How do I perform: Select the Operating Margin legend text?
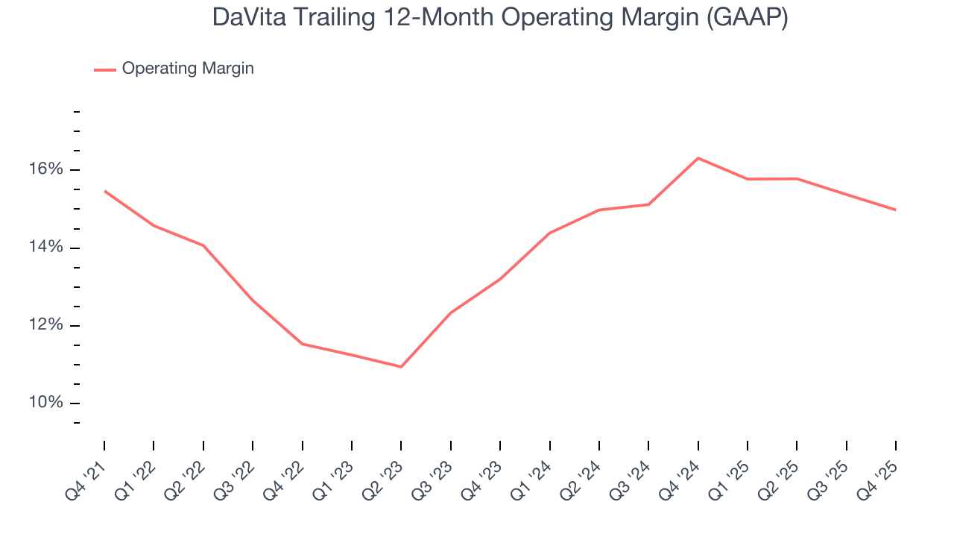coord(188,69)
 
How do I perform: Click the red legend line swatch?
coord(105,69)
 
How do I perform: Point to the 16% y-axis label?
coord(47,170)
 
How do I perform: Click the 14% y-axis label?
coord(47,248)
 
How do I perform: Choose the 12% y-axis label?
coord(47,325)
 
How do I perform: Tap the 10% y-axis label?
coord(47,403)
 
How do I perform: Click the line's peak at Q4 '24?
coord(698,158)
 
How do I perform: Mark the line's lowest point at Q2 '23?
coord(401,367)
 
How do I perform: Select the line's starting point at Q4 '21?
coord(104,191)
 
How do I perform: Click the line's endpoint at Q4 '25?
coord(895,210)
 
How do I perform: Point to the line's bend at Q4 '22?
coord(302,344)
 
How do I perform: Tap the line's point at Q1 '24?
coord(549,233)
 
